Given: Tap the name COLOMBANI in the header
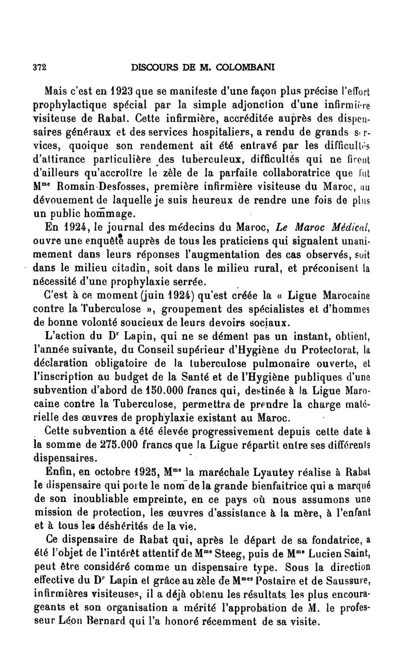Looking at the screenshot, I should [x=242, y=67].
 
